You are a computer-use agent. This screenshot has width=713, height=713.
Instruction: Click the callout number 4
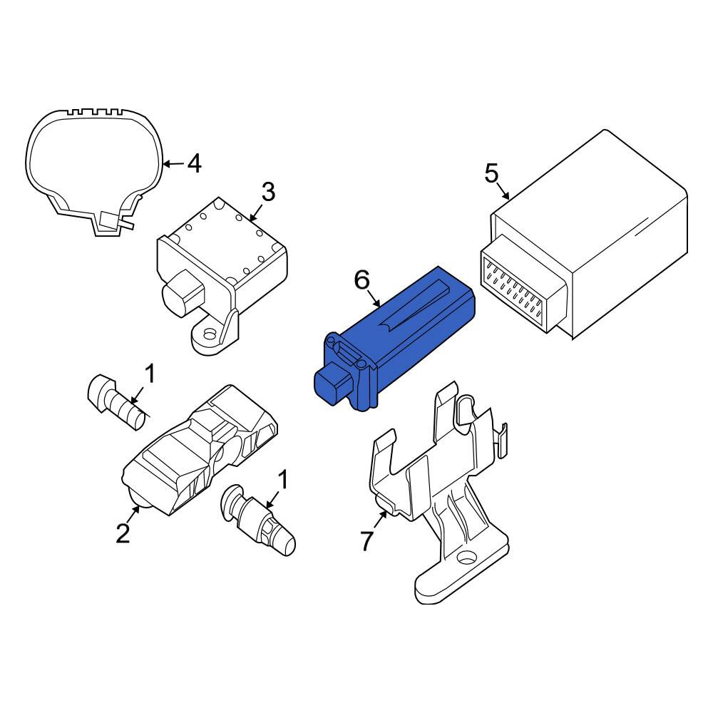pyautogui.click(x=195, y=164)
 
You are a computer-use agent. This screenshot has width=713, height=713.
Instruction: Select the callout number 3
pyautogui.click(x=268, y=192)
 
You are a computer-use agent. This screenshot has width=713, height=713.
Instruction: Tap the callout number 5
pyautogui.click(x=491, y=174)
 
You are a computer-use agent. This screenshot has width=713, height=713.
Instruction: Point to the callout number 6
pyautogui.click(x=362, y=280)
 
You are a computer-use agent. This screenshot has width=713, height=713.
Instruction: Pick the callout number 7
pyautogui.click(x=366, y=540)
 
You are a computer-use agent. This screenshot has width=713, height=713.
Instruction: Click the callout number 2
pyautogui.click(x=123, y=533)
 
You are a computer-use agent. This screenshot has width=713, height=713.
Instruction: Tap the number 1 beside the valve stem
pyautogui.click(x=282, y=480)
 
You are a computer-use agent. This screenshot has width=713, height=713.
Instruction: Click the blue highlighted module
pyautogui.click(x=395, y=339)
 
